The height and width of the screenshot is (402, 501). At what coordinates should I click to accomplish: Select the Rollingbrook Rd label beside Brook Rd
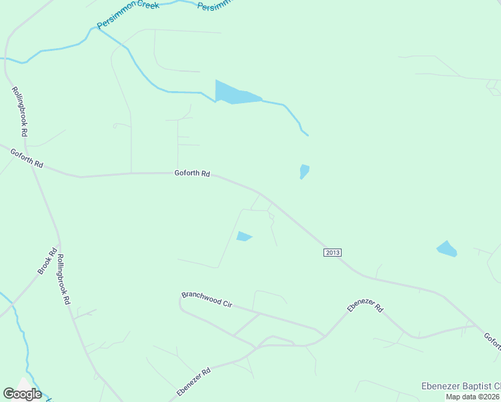(x=63, y=280)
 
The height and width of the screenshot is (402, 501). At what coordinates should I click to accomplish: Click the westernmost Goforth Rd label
(x=27, y=159)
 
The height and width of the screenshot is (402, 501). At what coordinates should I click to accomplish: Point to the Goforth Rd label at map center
(x=192, y=174)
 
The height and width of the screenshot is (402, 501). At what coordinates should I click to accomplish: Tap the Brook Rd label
(x=46, y=261)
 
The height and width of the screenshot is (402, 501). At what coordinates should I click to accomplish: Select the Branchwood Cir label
(x=206, y=299)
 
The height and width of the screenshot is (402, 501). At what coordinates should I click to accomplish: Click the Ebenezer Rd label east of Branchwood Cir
(x=365, y=308)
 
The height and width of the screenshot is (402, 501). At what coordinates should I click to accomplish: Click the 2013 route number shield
(x=333, y=252)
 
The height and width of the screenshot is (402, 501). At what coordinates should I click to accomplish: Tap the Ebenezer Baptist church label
(x=460, y=387)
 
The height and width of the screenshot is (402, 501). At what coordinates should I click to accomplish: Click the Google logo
(x=22, y=394)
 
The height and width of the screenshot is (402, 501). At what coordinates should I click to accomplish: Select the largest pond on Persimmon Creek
(x=235, y=94)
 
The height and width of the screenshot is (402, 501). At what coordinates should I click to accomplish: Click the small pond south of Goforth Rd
(x=244, y=236)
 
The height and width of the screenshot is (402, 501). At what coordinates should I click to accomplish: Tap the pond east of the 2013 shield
(x=447, y=249)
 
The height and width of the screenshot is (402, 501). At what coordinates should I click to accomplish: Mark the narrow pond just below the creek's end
(x=304, y=172)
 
